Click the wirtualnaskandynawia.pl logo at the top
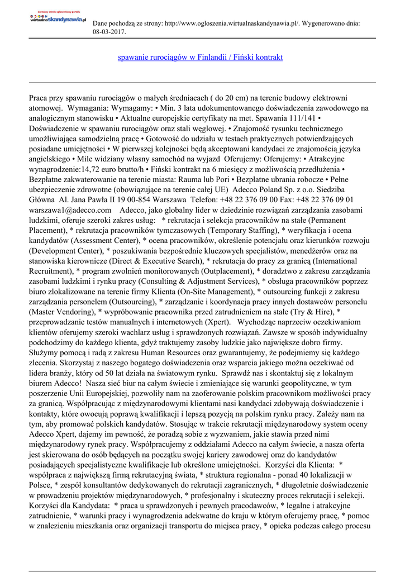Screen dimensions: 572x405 tap(58, 18)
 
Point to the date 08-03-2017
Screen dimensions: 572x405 tap(109, 32)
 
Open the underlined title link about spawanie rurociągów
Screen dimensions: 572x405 tap(201, 58)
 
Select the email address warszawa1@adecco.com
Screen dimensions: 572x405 tap(70, 209)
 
